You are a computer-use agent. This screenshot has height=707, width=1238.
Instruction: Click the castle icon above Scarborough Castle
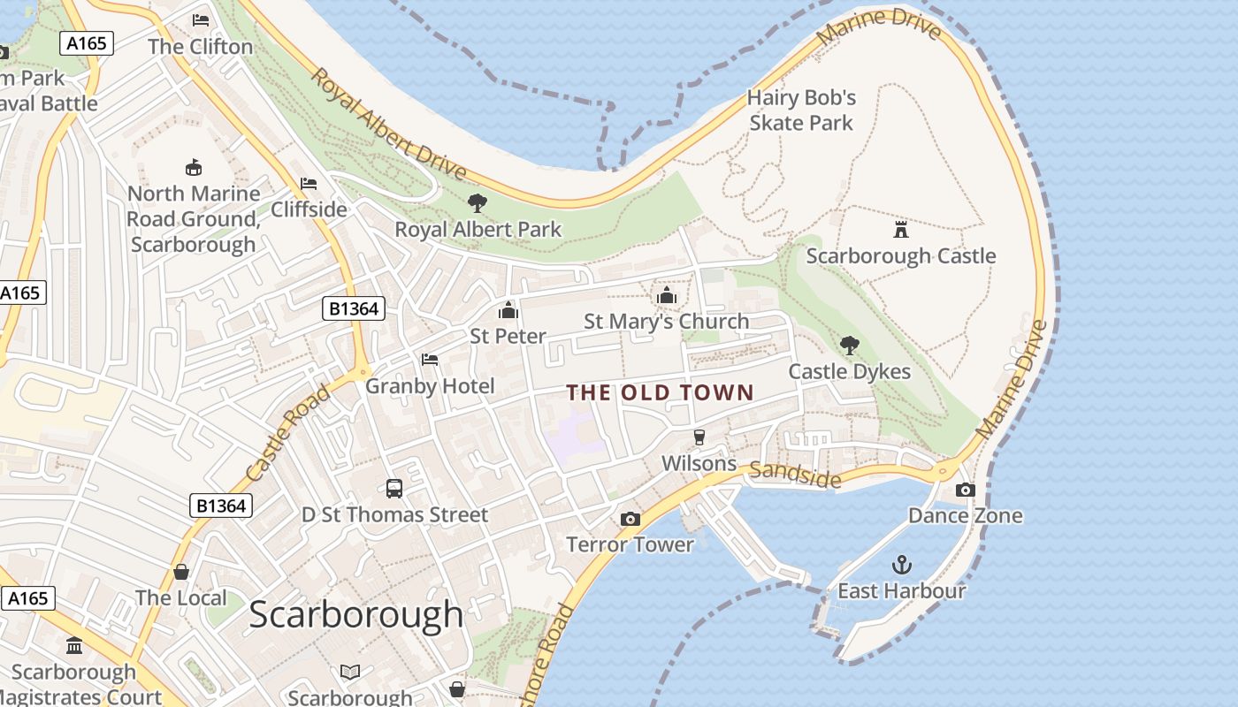pos(900,230)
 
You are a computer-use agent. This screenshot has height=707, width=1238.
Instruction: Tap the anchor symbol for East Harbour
pos(901,564)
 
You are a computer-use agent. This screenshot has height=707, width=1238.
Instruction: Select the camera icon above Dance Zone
pos(965,490)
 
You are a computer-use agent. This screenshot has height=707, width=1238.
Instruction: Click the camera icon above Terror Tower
pos(630,519)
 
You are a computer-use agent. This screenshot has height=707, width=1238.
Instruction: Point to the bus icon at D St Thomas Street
pos(394,489)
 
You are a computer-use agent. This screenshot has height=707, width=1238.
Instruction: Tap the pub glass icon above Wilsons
pos(699,437)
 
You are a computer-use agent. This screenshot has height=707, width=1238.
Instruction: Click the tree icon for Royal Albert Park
pos(478,203)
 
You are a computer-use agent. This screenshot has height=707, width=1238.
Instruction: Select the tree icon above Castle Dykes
pos(849,346)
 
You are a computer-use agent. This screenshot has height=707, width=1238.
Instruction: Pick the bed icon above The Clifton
pos(201,20)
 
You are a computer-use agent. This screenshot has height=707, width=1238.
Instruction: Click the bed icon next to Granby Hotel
pos(430,360)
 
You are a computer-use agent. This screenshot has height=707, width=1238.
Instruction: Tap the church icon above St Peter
pos(508,310)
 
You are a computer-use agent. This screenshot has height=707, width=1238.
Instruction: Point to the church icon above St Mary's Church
pos(666,295)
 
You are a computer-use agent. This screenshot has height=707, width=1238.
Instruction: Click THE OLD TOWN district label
pos(660,392)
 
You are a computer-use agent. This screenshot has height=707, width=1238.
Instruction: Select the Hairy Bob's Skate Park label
pos(801,110)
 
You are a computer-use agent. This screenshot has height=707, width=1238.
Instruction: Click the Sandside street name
pos(794,475)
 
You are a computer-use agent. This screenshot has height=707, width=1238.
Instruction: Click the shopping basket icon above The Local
pos(181,572)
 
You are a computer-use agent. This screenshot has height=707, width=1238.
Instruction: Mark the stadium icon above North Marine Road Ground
pos(193,167)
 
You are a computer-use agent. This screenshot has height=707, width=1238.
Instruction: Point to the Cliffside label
pos(309,209)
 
